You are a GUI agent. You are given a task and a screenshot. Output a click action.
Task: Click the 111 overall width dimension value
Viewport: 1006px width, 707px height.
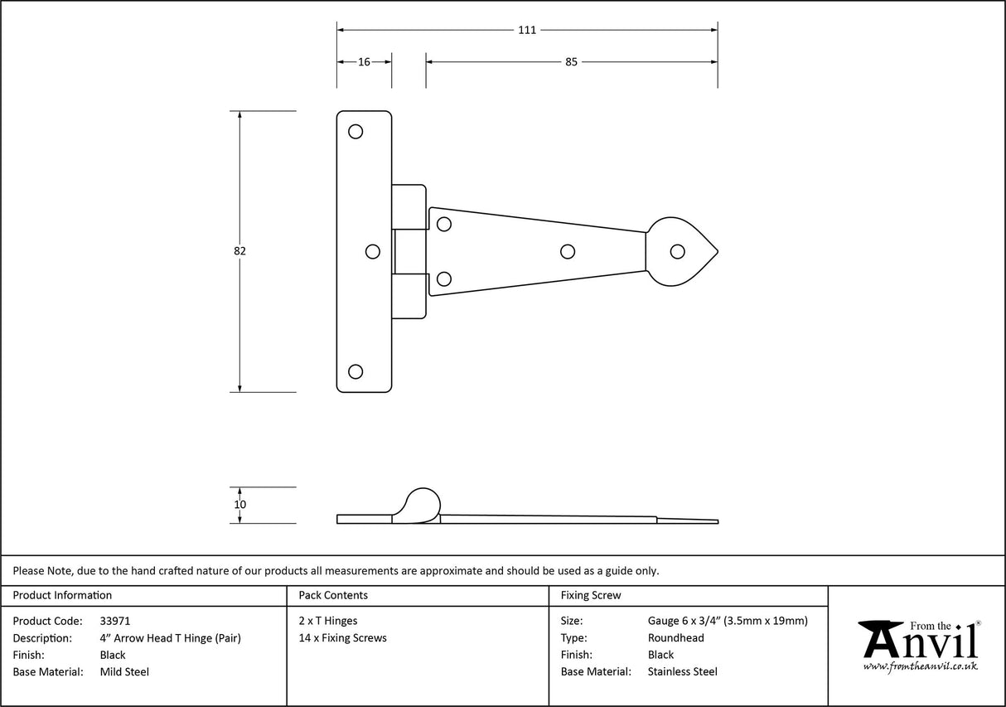527,31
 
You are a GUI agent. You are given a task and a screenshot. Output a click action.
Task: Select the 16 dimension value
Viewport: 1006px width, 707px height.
364,62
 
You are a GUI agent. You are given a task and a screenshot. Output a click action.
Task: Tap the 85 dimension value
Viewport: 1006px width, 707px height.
571,62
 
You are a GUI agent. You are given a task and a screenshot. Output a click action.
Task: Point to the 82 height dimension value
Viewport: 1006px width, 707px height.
240,251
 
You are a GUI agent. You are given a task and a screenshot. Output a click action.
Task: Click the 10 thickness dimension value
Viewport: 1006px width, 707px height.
240,505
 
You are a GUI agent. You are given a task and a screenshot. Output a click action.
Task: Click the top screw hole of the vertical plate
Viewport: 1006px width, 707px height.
355,131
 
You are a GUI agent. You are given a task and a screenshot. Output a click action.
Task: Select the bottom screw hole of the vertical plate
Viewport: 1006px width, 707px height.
355,371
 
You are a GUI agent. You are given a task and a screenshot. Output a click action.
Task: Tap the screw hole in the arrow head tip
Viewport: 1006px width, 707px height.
678,251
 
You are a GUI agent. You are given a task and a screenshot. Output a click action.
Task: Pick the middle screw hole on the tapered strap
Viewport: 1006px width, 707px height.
568,251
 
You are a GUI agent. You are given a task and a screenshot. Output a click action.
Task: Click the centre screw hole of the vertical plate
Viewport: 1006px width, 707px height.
373,251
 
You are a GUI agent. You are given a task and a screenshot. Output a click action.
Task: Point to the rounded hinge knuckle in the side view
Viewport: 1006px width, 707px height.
420,505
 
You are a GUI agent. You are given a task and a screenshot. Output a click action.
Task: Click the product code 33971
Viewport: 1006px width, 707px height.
114,621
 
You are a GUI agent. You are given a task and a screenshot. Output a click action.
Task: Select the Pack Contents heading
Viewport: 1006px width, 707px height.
333,595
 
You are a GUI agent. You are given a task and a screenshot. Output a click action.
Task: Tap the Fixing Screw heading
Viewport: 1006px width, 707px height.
591,595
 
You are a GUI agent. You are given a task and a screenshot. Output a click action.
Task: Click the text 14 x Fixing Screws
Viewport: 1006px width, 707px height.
342,638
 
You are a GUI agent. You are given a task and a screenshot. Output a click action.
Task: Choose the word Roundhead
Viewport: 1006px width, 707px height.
676,638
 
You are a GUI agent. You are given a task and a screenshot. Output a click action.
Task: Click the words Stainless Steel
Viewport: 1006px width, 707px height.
683,672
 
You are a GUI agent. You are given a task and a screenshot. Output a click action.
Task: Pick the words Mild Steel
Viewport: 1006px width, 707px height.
124,672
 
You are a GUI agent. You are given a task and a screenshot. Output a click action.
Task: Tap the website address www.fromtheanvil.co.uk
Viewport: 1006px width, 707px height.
920,666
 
